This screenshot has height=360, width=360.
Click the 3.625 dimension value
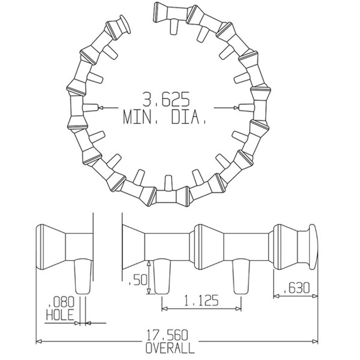click(166, 100)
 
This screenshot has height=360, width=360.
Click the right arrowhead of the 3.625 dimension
click(234, 107)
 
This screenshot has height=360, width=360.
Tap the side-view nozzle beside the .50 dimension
click(161, 277)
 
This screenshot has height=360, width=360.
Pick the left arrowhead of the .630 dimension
click(276, 296)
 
